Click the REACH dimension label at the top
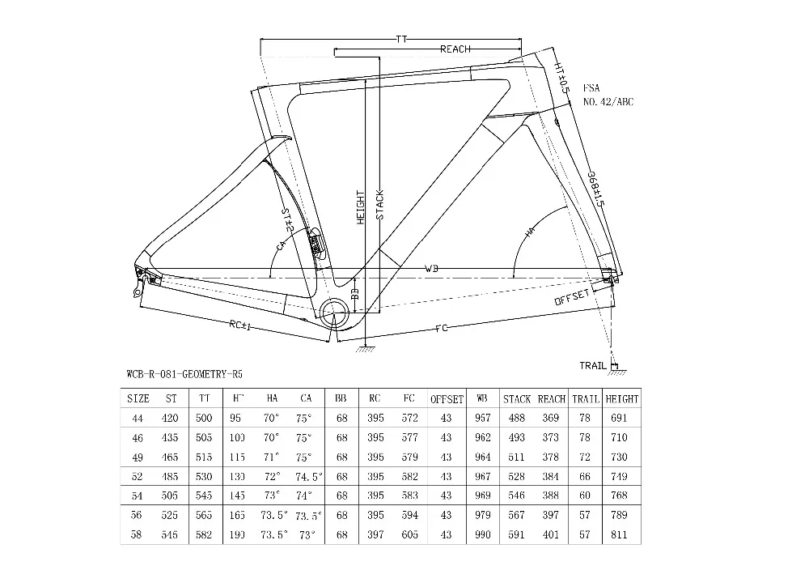pyautogui.click(x=455, y=49)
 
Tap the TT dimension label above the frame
pyautogui.click(x=402, y=38)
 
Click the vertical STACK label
pyautogui.click(x=379, y=205)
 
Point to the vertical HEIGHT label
pyautogui.click(x=361, y=208)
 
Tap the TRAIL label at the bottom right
pyautogui.click(x=592, y=366)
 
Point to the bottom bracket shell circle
pyautogui.click(x=334, y=312)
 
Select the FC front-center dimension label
pyautogui.click(x=442, y=328)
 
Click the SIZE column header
pyautogui.click(x=138, y=399)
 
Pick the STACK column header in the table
pyautogui.click(x=516, y=399)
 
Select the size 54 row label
pyautogui.click(x=138, y=495)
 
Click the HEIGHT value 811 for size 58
pyautogui.click(x=621, y=534)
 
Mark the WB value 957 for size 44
pyautogui.click(x=481, y=418)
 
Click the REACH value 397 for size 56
pyautogui.click(x=551, y=515)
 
